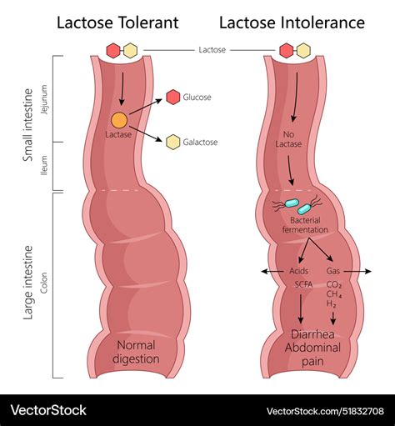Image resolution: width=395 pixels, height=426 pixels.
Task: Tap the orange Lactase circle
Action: pos(120,119)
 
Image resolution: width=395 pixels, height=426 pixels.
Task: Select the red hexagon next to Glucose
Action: pos(173,98)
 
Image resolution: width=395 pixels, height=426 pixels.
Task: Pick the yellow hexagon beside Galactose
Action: pos(173,142)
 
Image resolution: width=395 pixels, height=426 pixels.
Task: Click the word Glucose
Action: pos(197,98)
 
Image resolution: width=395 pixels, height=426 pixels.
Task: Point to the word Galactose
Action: pos(202,142)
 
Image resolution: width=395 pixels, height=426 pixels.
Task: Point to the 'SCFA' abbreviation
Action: pos(302,284)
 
